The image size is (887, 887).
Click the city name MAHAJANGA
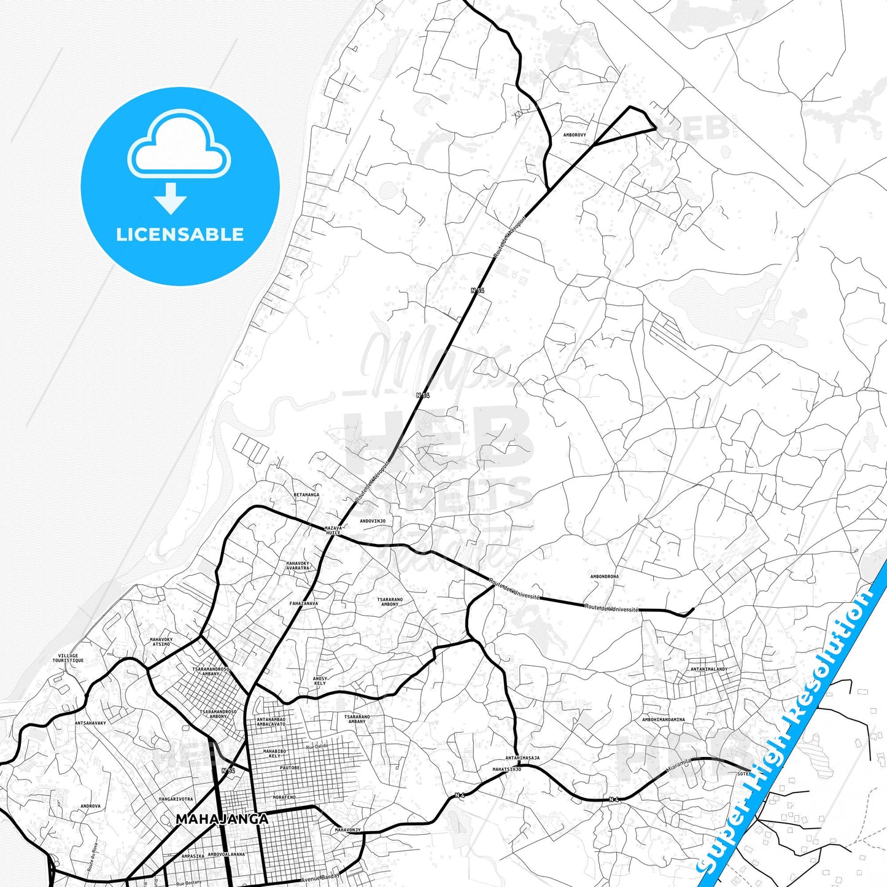pos(222,819)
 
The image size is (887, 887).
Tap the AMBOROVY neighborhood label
pos(575,134)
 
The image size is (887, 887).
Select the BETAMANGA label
pos(306,495)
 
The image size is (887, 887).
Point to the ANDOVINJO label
pos(373,521)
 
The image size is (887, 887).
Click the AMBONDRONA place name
pos(604,576)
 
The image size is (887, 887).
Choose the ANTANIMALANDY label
pos(708,669)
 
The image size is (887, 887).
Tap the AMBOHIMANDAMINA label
pos(664,719)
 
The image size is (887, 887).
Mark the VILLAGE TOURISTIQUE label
pos(68,658)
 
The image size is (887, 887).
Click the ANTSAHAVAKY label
pos(90,723)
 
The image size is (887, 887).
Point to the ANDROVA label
pos(90,806)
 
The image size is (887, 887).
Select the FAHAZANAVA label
pos(304,603)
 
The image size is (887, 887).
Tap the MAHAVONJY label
pos(347,830)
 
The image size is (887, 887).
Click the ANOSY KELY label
pos(320,681)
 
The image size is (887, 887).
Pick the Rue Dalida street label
pos(317,746)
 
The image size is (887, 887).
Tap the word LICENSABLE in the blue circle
pos(180,234)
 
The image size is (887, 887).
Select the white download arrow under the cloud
pos(170,198)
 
